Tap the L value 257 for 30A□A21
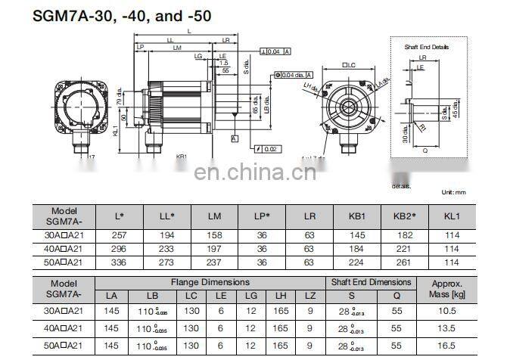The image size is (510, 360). pos(119,236)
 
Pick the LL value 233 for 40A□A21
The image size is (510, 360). pos(166,249)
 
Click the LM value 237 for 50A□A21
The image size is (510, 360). pos(214,262)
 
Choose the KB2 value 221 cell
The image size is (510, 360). pos(403,249)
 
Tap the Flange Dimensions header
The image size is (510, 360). pos(209,282)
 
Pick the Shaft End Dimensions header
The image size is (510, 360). pos(371,282)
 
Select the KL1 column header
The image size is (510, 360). pos(452,216)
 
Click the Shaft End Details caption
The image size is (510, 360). pos(426,47)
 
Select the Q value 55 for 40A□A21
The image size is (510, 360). pos(396,327)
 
